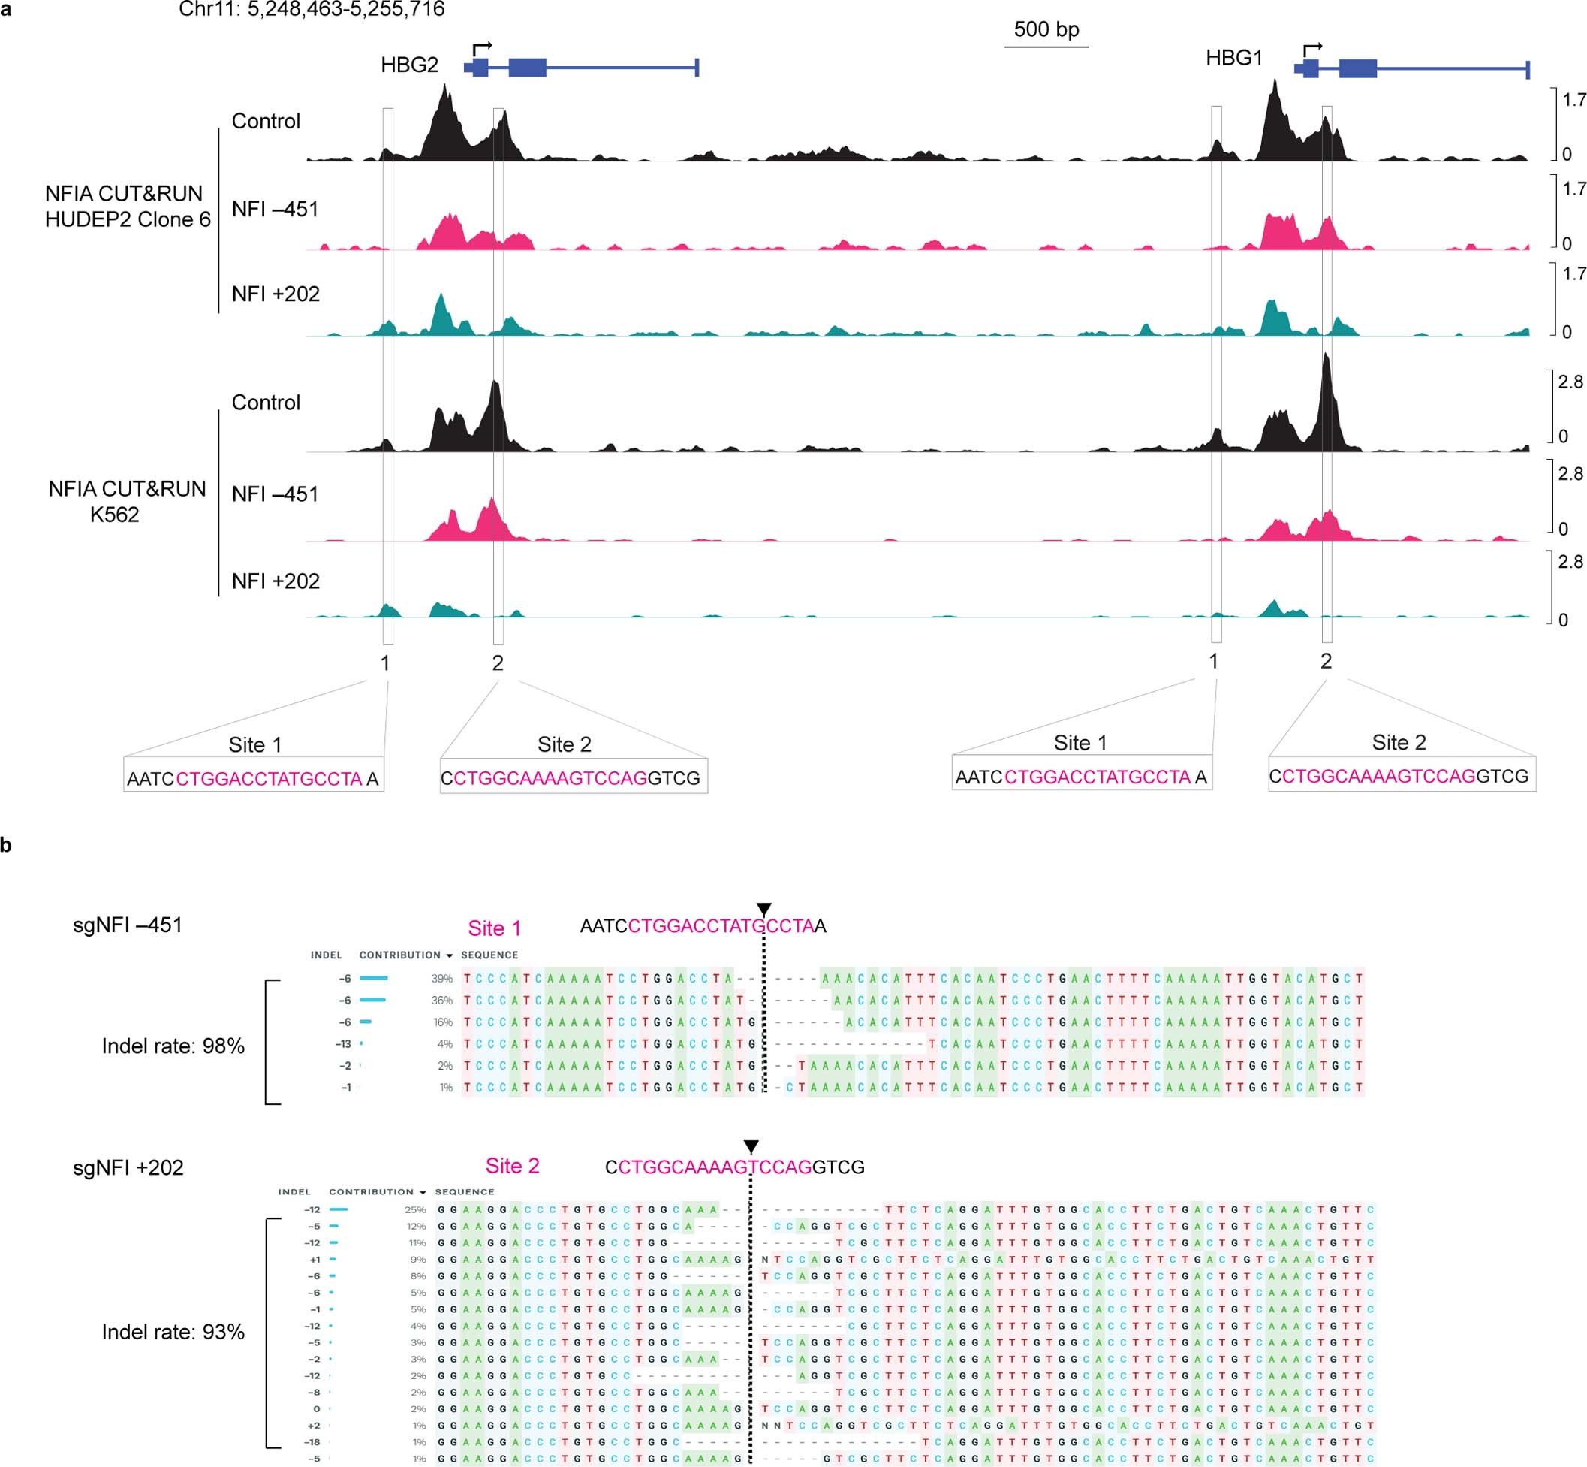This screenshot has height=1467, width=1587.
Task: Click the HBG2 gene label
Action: click(x=409, y=65)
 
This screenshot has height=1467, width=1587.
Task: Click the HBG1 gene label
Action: click(x=1234, y=58)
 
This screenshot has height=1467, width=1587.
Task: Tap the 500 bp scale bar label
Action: click(x=1046, y=29)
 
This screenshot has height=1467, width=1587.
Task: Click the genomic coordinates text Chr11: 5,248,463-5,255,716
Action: click(x=312, y=10)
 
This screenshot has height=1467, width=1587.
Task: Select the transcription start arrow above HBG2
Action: click(x=483, y=47)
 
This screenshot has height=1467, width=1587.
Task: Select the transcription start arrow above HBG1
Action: click(x=1312, y=50)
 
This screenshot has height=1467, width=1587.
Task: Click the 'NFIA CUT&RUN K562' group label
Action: click(x=126, y=501)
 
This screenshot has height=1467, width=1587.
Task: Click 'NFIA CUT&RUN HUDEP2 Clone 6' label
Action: click(x=128, y=207)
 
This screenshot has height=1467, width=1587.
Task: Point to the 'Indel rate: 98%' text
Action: click(x=173, y=1046)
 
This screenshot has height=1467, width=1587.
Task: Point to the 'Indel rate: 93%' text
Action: click(x=173, y=1332)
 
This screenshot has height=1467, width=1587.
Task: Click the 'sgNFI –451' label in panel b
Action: click(x=128, y=925)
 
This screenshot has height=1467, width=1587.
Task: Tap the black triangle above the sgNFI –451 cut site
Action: click(x=763, y=909)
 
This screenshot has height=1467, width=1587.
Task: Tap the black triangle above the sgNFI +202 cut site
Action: click(x=751, y=1146)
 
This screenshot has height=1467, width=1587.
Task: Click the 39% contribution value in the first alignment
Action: click(x=442, y=979)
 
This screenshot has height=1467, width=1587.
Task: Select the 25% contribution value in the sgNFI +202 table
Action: click(x=416, y=1211)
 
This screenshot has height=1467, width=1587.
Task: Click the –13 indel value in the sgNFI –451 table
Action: click(x=343, y=1044)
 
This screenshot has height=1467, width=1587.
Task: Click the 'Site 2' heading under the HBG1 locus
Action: click(x=1398, y=742)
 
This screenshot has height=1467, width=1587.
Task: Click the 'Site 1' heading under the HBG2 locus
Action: click(x=254, y=744)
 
